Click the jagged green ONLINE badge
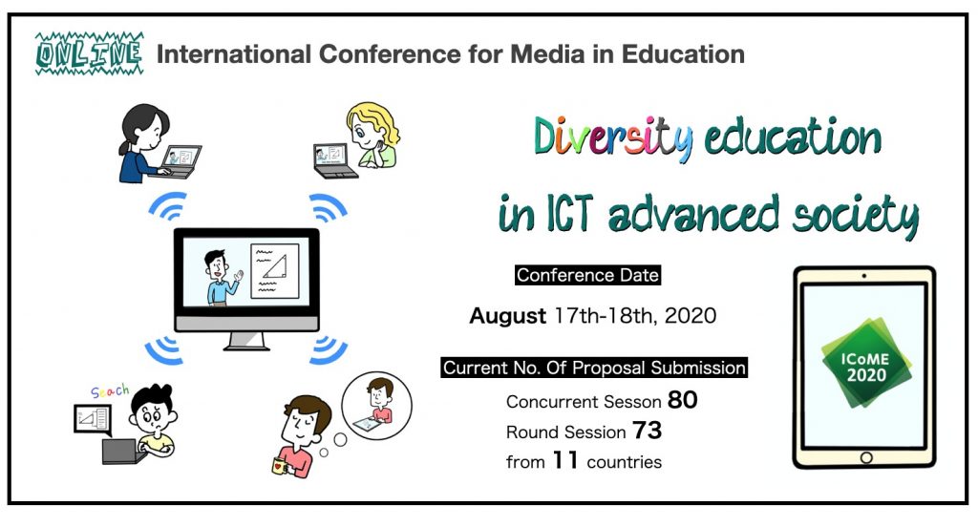tap(89, 53)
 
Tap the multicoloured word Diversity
tap(613, 137)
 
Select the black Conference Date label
tap(587, 275)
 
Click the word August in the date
tap(508, 316)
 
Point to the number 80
tap(682, 400)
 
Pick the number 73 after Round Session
tap(647, 431)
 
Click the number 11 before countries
tap(565, 460)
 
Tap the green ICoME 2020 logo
tap(865, 363)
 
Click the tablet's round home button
tap(865, 457)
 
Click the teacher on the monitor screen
tap(221, 278)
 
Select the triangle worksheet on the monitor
tap(274, 271)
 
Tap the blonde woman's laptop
tap(333, 161)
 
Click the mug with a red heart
tap(280, 465)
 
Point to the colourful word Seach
tap(110, 391)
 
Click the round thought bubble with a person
tap(376, 406)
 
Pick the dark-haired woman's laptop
tap(180, 161)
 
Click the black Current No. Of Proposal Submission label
tap(594, 368)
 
